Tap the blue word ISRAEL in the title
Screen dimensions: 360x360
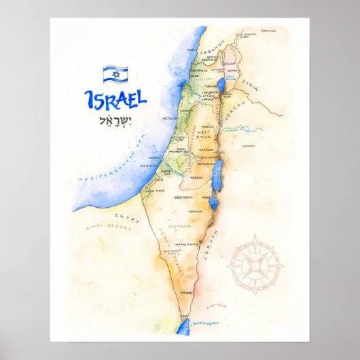pyautogui.click(x=115, y=100)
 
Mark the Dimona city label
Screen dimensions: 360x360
pyautogui.click(x=196, y=211)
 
